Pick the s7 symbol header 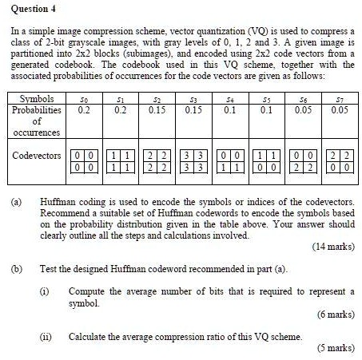click(x=335, y=120)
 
